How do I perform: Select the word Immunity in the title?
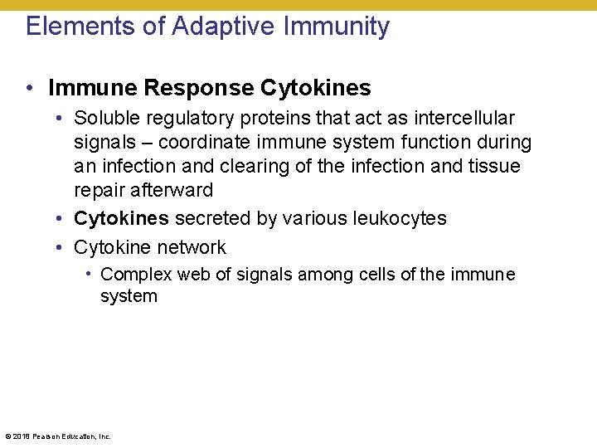(337, 27)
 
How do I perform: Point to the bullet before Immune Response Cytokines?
(29, 88)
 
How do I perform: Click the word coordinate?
(197, 143)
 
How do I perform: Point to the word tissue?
(495, 166)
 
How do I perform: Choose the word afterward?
(143, 190)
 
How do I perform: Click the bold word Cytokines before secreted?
(121, 219)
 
